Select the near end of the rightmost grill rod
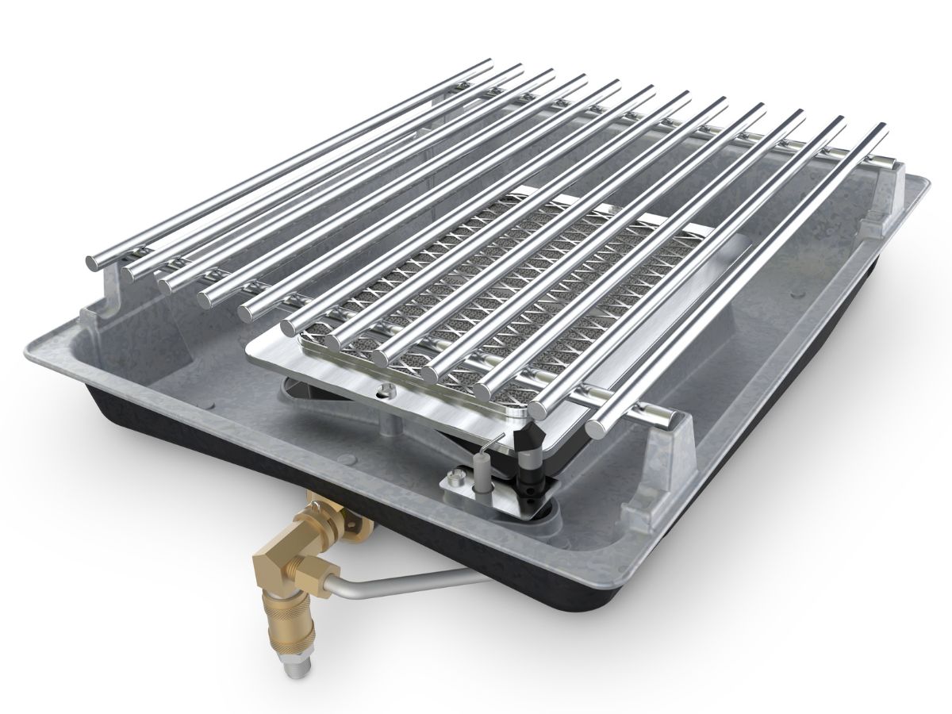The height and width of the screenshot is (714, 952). coord(597,430)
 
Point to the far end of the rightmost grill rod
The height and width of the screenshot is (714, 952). coord(878,129)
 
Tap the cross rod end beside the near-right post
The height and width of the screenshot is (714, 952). coord(647,413)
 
